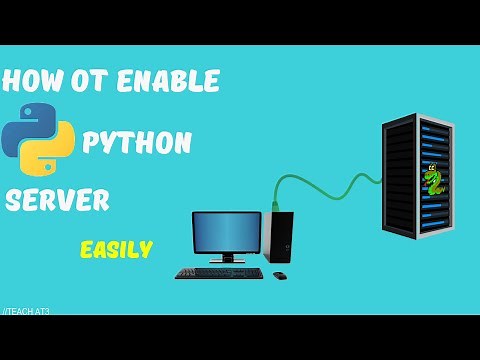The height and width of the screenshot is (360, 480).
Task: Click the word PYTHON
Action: pyautogui.click(x=137, y=143)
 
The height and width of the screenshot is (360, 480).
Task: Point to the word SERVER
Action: pyautogui.click(x=58, y=200)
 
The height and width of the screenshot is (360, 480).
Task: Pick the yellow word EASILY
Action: pyautogui.click(x=116, y=249)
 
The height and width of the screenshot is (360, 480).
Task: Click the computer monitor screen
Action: pyautogui.click(x=226, y=232)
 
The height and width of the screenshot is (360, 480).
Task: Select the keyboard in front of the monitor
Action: pyautogui.click(x=219, y=272)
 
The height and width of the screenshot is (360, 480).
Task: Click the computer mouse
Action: pyautogui.click(x=279, y=275)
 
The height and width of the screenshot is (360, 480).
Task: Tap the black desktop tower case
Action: pyautogui.click(x=279, y=237)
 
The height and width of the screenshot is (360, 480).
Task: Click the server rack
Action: pyautogui.click(x=417, y=180)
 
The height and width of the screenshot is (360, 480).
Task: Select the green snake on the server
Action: pyautogui.click(x=433, y=181)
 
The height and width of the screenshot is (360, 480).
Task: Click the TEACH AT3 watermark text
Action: pyautogui.click(x=27, y=312)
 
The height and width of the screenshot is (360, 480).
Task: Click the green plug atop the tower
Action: pyautogui.click(x=274, y=206)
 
